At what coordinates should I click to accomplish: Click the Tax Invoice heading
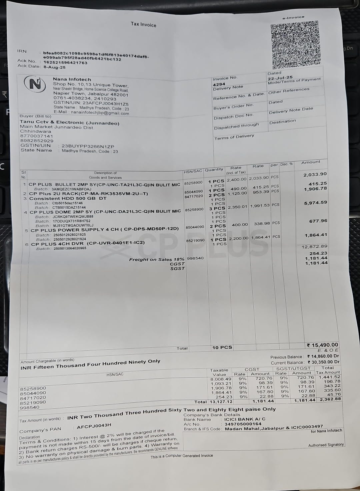(143, 24)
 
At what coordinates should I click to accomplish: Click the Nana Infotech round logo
(35, 84)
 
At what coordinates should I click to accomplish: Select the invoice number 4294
(219, 84)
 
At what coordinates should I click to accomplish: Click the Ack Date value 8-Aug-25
(55, 67)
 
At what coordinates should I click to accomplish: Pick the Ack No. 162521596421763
(65, 62)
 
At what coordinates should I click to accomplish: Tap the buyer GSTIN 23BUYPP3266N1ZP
(88, 146)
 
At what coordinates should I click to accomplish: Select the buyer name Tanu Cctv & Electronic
(69, 123)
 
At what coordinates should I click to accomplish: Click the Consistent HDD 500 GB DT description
(68, 198)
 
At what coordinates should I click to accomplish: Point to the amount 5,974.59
(315, 203)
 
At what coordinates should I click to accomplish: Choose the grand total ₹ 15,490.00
(322, 345)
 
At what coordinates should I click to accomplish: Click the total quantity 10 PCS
(222, 347)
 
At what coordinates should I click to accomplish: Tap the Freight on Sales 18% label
(157, 259)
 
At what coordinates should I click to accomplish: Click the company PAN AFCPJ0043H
(94, 426)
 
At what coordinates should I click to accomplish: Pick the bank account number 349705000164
(243, 424)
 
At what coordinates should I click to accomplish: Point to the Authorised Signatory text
(326, 445)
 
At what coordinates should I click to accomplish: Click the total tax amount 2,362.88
(330, 399)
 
